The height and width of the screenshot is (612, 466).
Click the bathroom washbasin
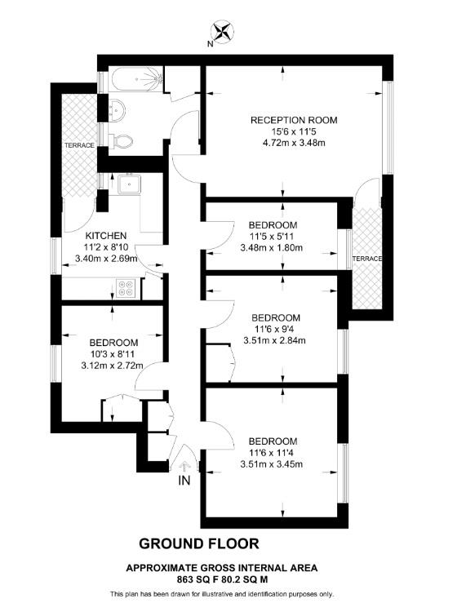point(115,107)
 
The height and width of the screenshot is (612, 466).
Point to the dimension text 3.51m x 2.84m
point(275,341)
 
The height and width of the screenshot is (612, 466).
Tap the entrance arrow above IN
point(184,467)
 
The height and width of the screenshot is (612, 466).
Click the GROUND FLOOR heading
point(199,543)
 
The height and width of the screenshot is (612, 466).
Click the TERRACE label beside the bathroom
point(80,145)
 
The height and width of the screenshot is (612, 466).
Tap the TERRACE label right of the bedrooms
point(366,259)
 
